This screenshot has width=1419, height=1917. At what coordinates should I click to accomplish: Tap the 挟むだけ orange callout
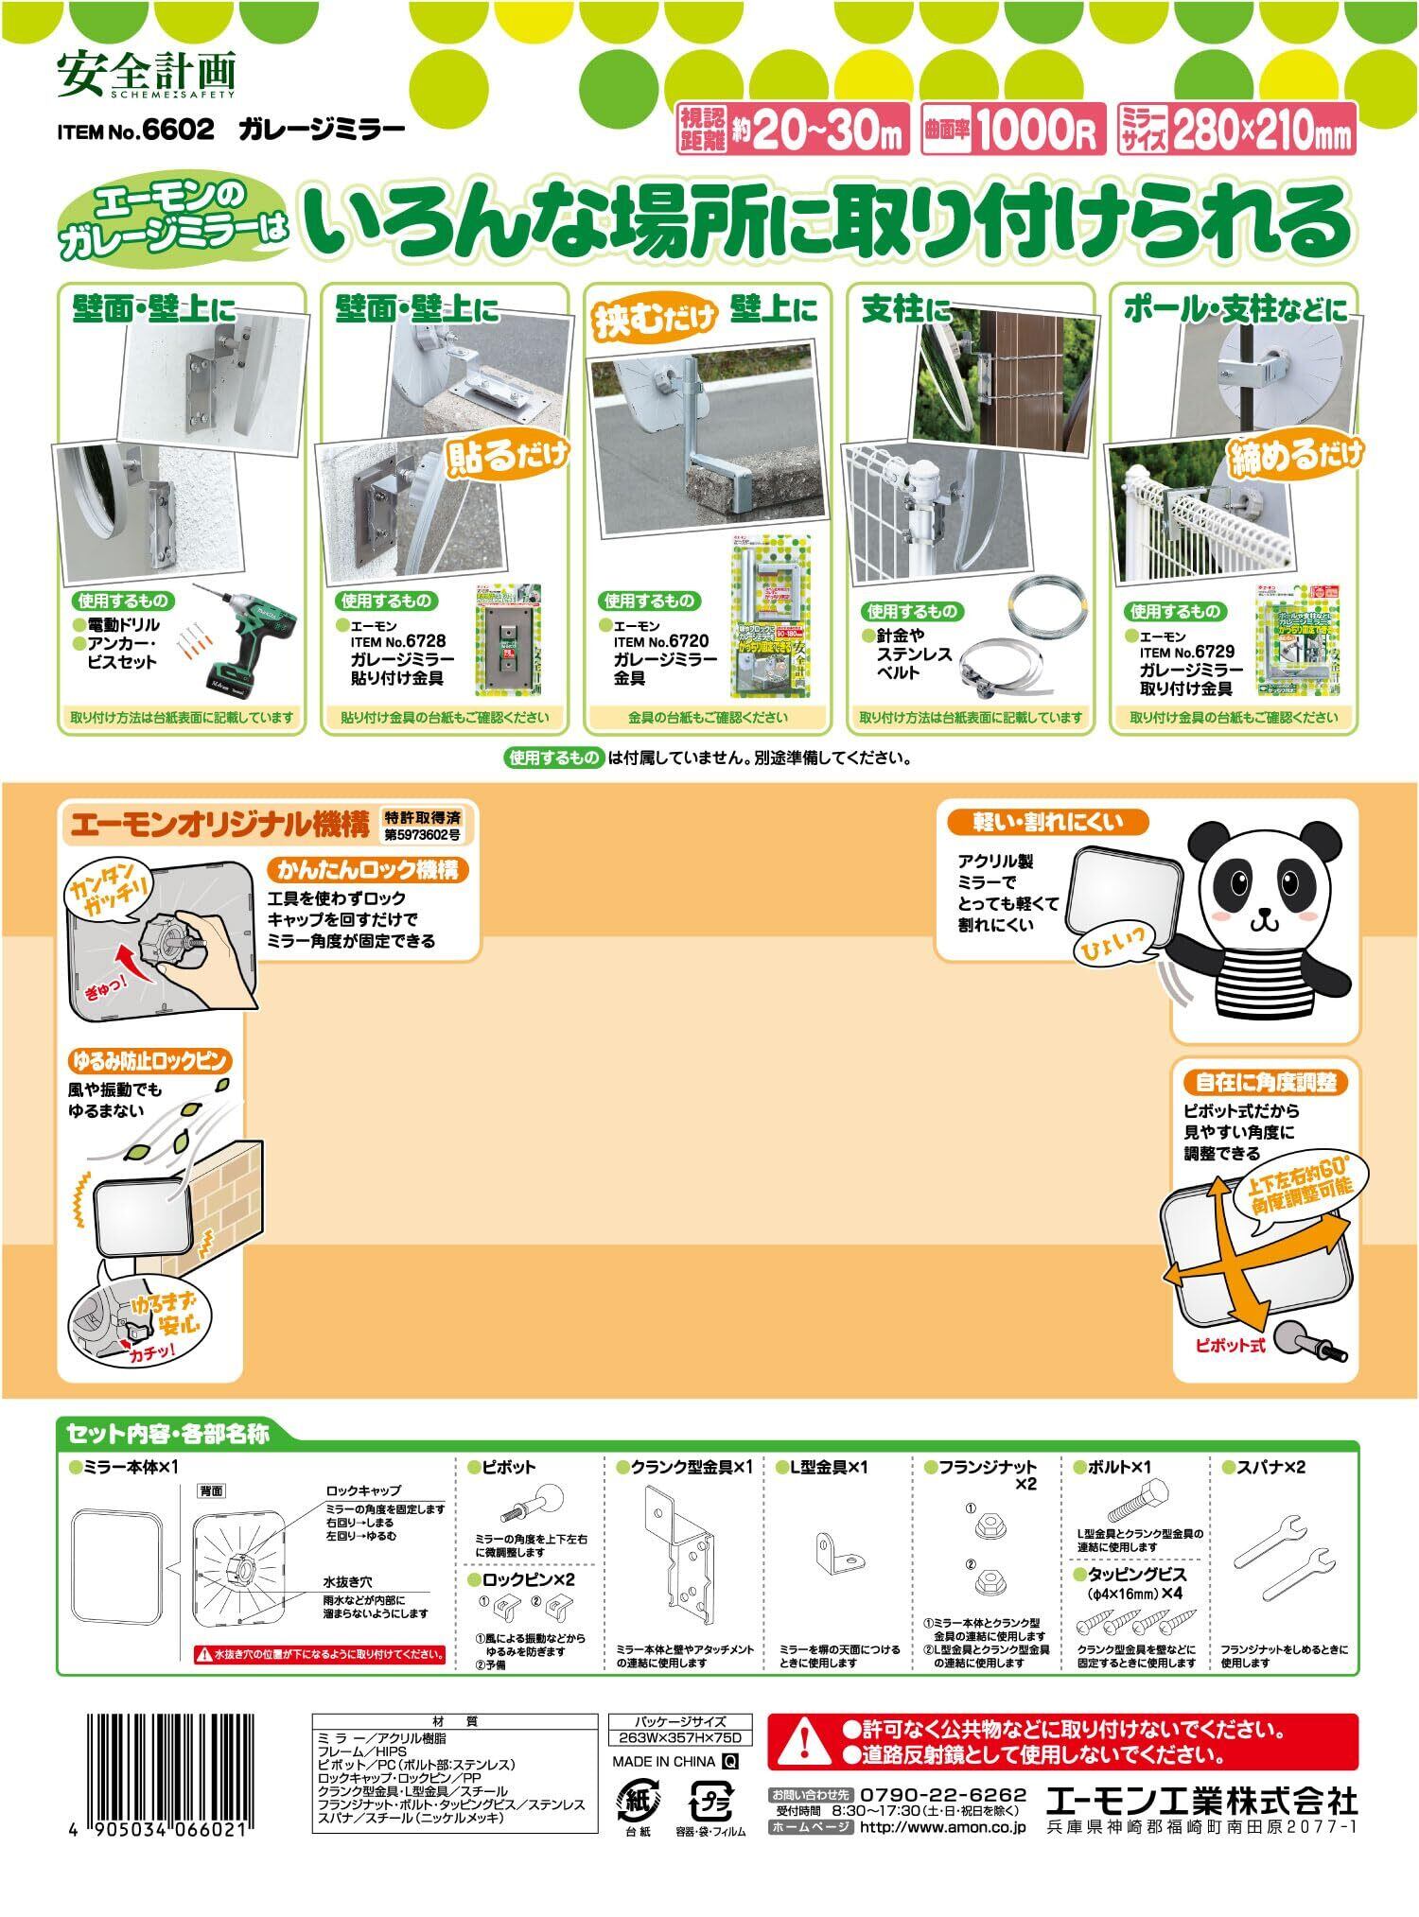tap(654, 321)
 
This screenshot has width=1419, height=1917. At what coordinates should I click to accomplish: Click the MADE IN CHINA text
tap(664, 1761)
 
